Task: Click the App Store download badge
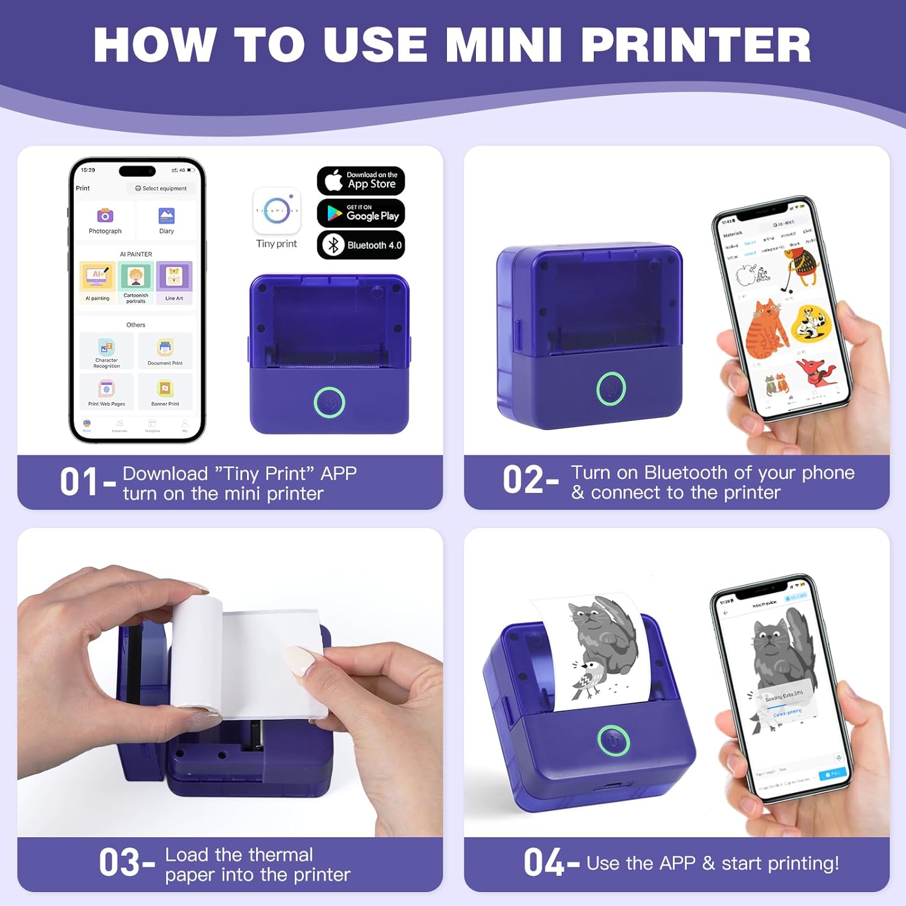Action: (361, 180)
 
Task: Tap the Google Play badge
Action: (361, 213)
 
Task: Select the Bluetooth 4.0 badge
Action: (361, 245)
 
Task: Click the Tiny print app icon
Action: (277, 211)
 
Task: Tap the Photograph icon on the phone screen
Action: (105, 216)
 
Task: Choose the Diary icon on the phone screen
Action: (166, 216)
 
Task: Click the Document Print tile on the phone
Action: (165, 349)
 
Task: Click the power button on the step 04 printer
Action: (613, 740)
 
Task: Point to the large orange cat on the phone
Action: (766, 329)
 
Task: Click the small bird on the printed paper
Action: (589, 677)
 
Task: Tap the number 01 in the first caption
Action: (79, 483)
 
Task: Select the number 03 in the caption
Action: (119, 863)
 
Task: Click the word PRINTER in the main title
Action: (696, 45)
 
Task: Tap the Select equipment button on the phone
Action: (161, 188)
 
